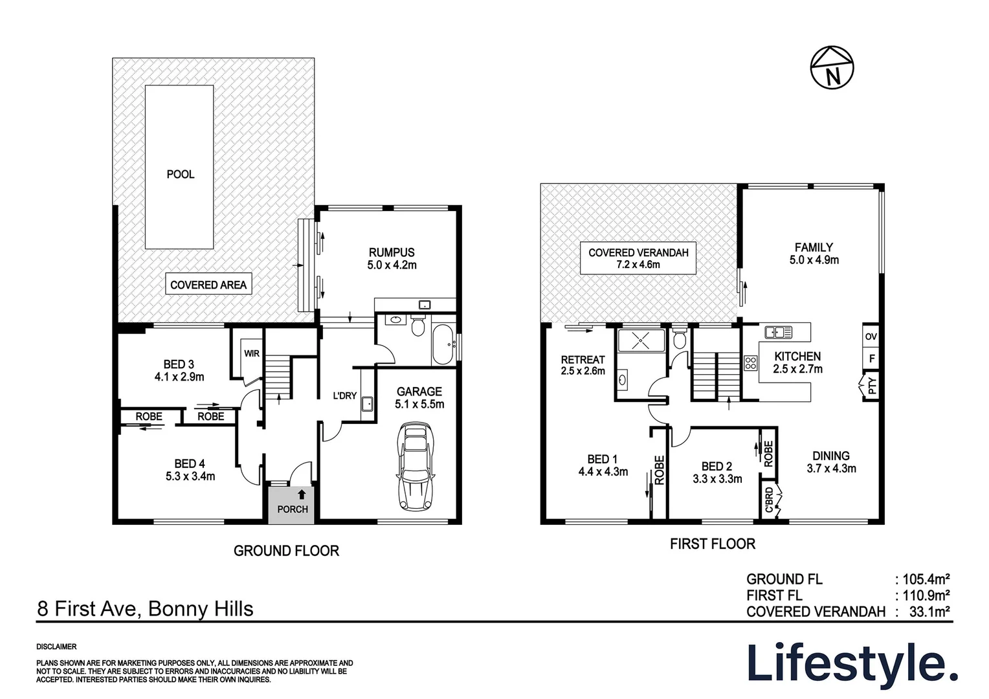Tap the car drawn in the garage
pyautogui.click(x=415, y=466)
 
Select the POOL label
pyautogui.click(x=181, y=174)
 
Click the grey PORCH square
pyautogui.click(x=291, y=505)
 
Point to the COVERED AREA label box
pyautogui.click(x=208, y=283)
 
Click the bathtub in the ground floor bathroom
pyautogui.click(x=443, y=345)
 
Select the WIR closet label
pyautogui.click(x=252, y=353)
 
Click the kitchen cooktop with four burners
pyautogui.click(x=751, y=363)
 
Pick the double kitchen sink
pyautogui.click(x=779, y=332)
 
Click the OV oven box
pyautogui.click(x=871, y=337)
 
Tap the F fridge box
pyautogui.click(x=871, y=358)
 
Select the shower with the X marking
pyautogui.click(x=641, y=341)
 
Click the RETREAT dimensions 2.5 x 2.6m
pyautogui.click(x=583, y=371)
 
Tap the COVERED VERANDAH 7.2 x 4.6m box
pyautogui.click(x=638, y=258)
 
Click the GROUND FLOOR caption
pyautogui.click(x=286, y=551)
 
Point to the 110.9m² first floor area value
pyautogui.click(x=926, y=595)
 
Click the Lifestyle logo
pyautogui.click(x=852, y=667)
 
